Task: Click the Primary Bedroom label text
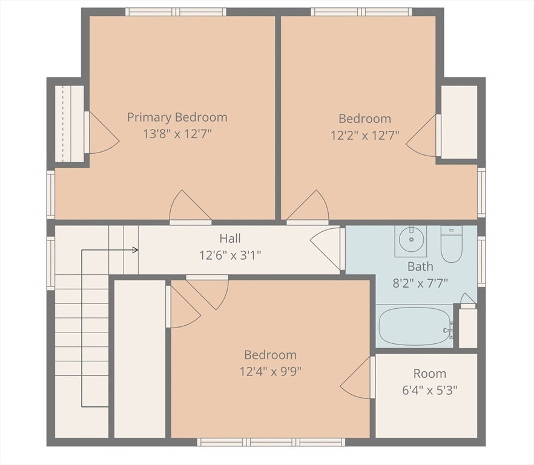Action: tap(177, 117)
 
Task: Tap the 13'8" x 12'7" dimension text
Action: tap(177, 134)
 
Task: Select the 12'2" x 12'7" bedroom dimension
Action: tap(364, 136)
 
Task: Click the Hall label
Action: tap(230, 238)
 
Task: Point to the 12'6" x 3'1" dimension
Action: tap(230, 255)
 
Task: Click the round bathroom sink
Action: tap(412, 240)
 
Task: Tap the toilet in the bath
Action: tap(451, 244)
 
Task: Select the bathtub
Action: tap(415, 326)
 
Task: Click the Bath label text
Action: tap(420, 266)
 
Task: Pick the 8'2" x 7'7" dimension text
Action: tap(420, 283)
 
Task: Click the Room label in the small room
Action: tap(430, 374)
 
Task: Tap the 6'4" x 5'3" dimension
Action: tap(430, 390)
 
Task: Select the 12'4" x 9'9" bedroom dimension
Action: tap(271, 371)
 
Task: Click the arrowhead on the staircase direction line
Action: tap(135, 250)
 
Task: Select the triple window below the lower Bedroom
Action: tap(271, 442)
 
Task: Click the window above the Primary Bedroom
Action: tap(176, 12)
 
